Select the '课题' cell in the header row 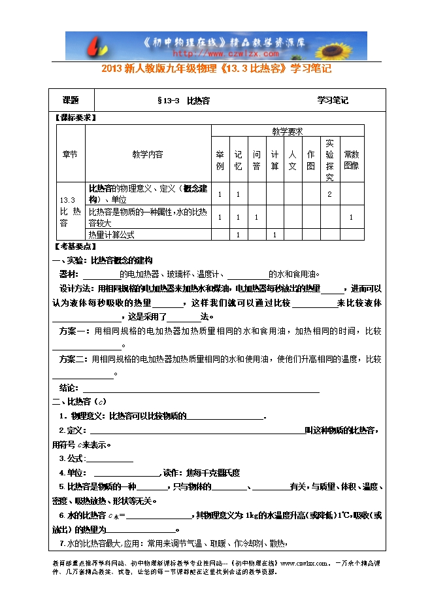71,101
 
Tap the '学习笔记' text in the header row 333,101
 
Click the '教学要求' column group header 287,131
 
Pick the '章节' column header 69,154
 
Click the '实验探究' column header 329,160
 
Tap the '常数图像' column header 352,160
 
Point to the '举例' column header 220,160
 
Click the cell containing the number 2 329,194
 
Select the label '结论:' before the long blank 69,388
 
